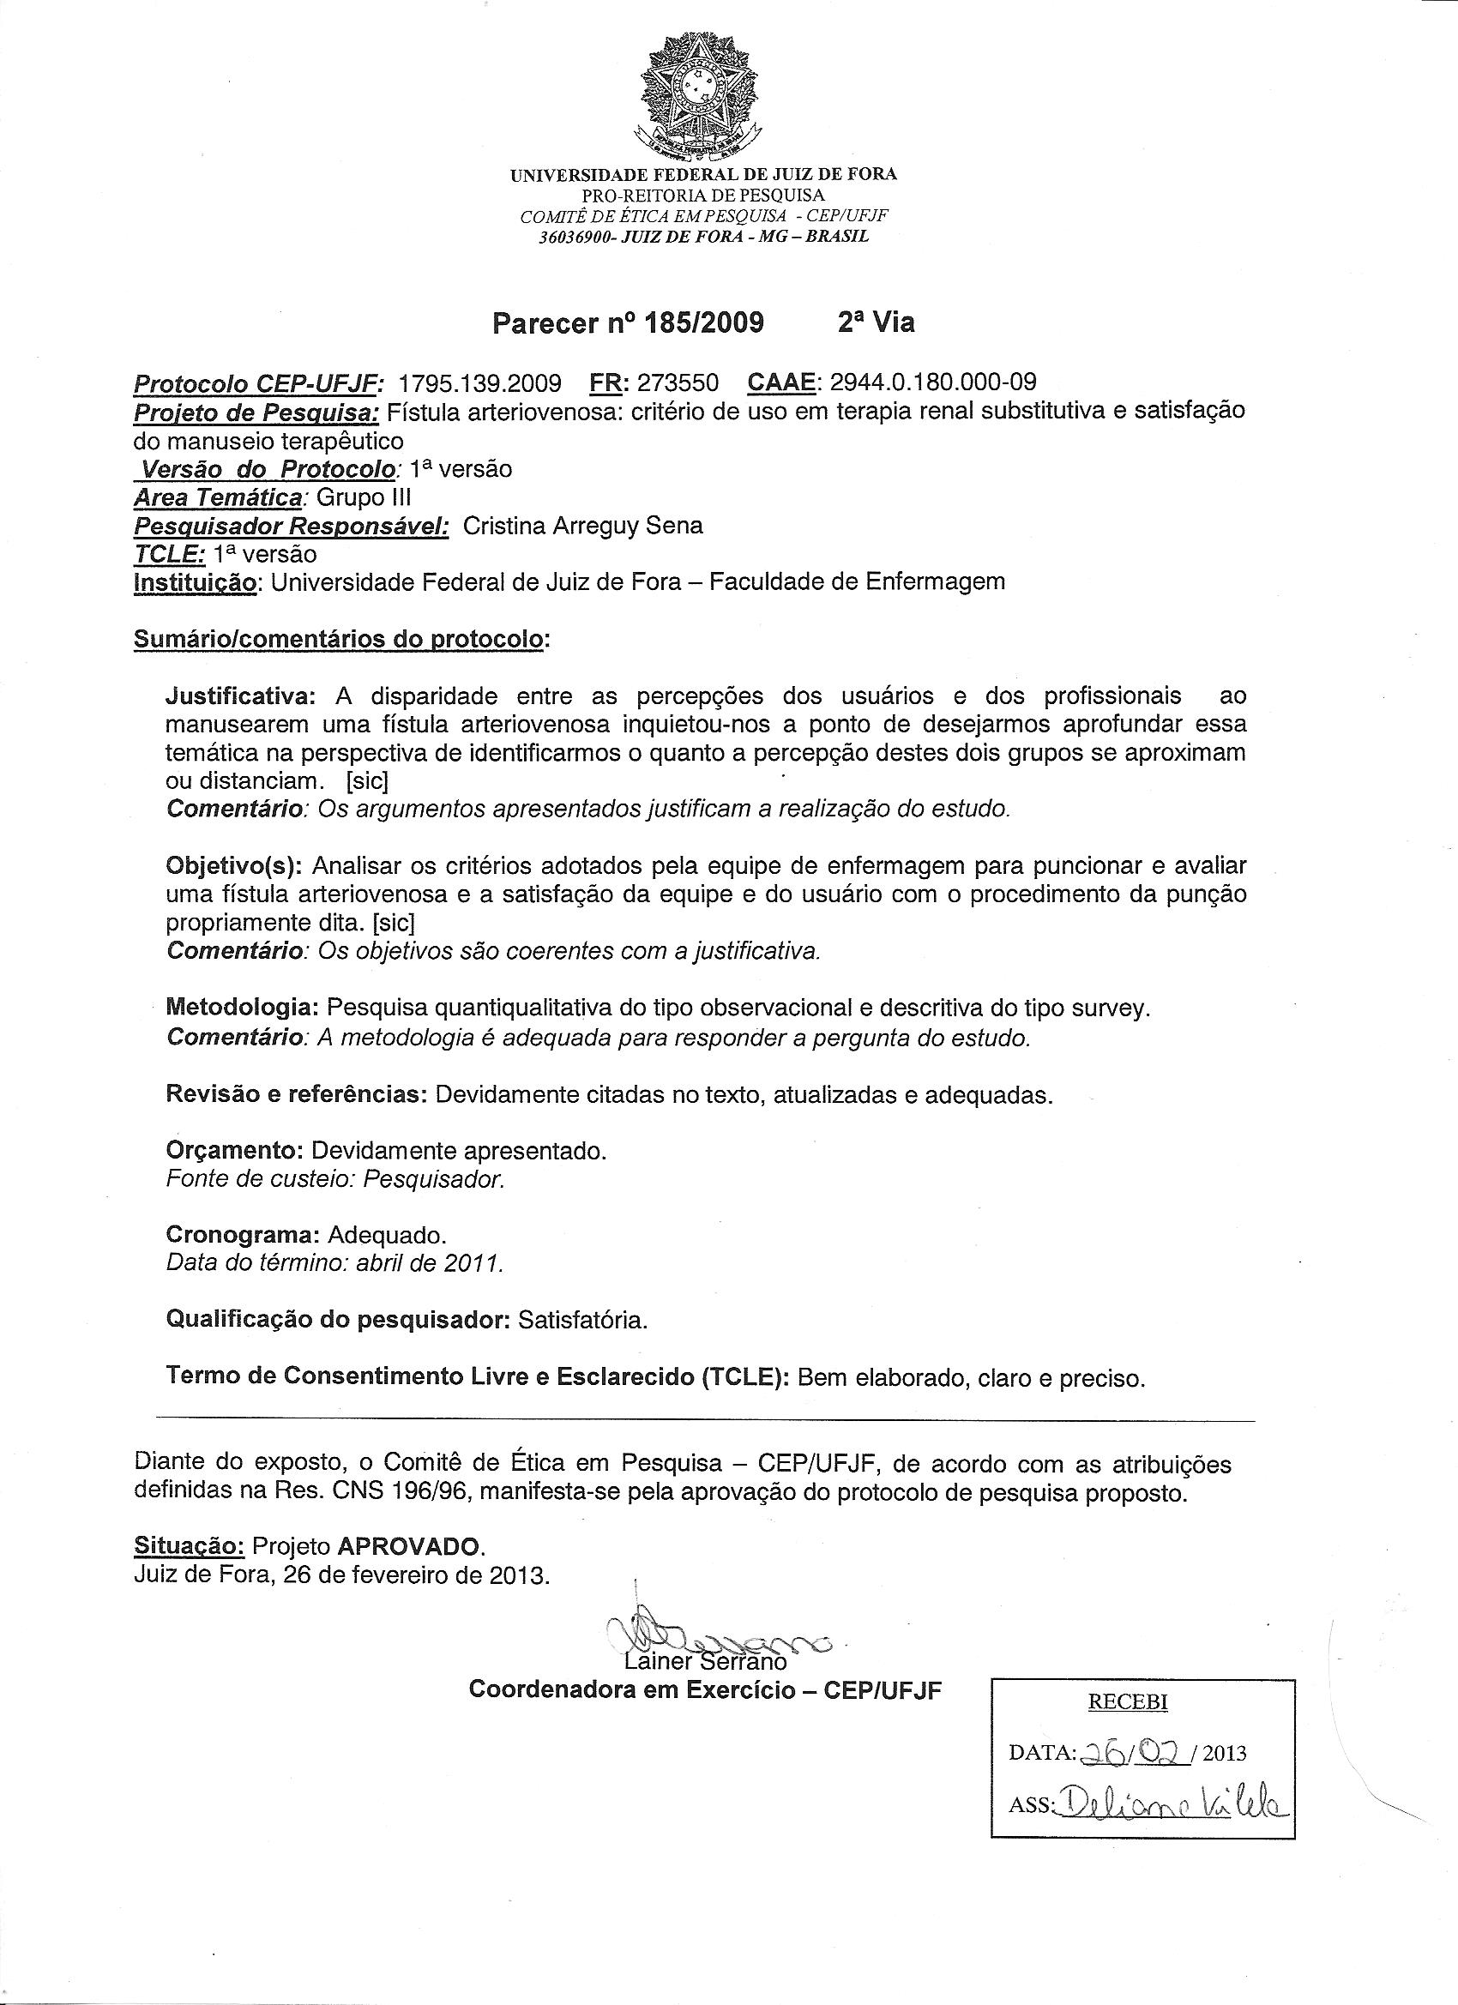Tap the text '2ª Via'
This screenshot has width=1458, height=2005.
tap(876, 323)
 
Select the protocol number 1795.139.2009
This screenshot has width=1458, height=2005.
tap(480, 382)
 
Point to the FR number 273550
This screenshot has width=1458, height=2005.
tap(678, 382)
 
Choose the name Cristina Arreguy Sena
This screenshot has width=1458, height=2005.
tap(582, 526)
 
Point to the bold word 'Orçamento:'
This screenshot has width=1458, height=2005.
tap(235, 1151)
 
